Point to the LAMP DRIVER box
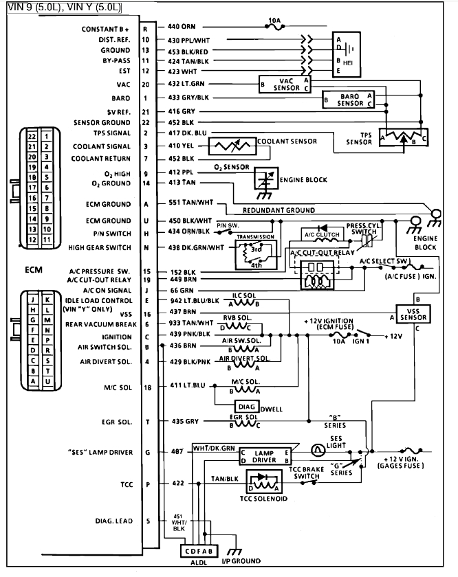pyautogui.click(x=265, y=456)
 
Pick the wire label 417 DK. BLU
pyautogui.click(x=188, y=133)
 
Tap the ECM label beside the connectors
pyautogui.click(x=33, y=269)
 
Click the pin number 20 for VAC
pyautogui.click(x=145, y=84)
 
